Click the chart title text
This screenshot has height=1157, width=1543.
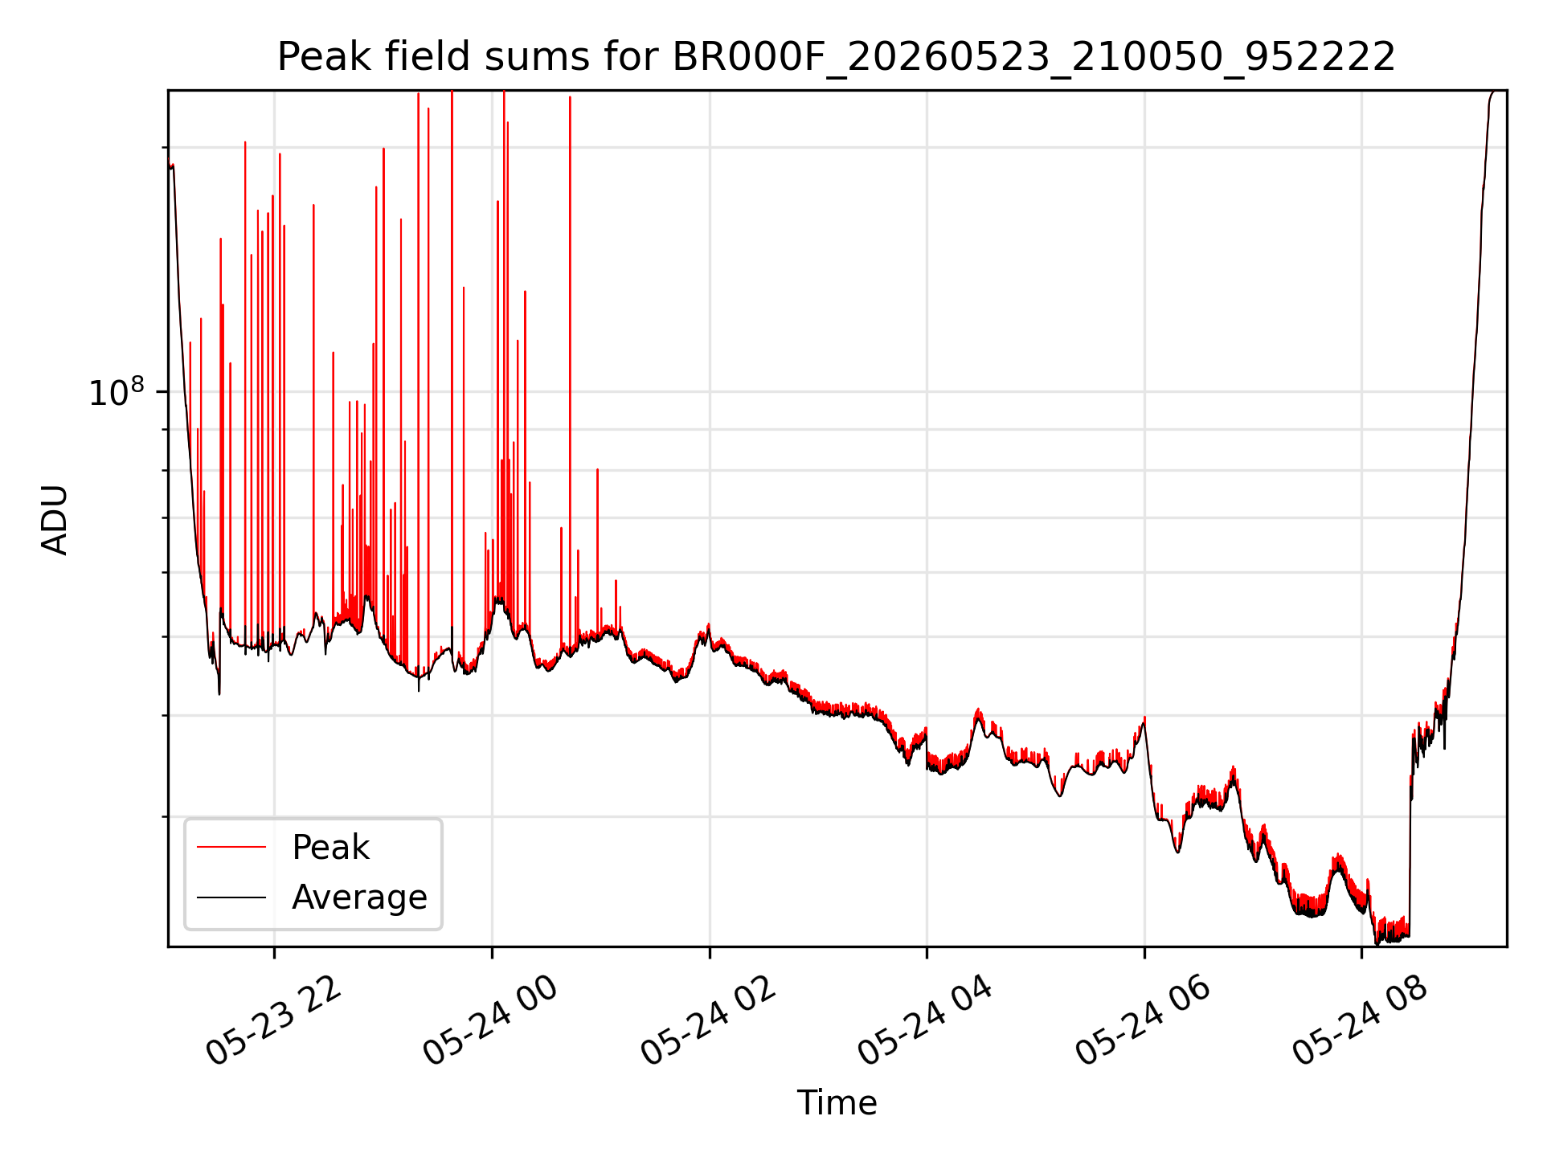tap(836, 57)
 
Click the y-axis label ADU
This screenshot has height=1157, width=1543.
tap(55, 519)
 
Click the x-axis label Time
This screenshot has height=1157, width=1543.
tap(837, 1102)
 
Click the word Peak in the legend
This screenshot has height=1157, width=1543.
tap(330, 848)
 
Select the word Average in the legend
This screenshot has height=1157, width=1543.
tap(359, 897)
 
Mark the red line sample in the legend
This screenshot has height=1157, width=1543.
tap(231, 847)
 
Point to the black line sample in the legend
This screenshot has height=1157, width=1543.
tap(231, 897)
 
